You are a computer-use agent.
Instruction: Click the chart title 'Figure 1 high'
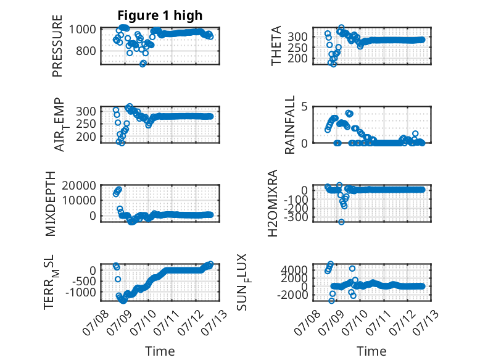160,15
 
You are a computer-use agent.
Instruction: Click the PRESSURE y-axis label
57,46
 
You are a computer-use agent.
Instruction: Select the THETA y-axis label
276,46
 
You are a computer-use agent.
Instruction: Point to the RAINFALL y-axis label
289,125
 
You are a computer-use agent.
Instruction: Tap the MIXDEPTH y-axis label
51,204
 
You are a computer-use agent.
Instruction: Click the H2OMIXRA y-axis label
273,203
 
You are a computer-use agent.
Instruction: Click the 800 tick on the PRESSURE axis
86,51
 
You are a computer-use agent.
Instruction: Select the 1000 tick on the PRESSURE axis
82,30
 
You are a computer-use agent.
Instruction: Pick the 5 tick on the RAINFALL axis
304,107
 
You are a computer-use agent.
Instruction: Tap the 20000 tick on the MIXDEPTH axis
79,185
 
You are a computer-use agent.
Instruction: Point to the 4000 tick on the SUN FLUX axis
294,270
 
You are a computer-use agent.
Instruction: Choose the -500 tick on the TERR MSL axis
83,281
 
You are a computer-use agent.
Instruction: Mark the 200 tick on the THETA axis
297,58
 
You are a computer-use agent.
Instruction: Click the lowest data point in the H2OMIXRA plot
341,222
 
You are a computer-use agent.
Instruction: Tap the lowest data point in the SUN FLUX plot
331,301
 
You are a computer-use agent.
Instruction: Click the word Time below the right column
371,351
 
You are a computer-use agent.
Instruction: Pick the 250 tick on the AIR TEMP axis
86,124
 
